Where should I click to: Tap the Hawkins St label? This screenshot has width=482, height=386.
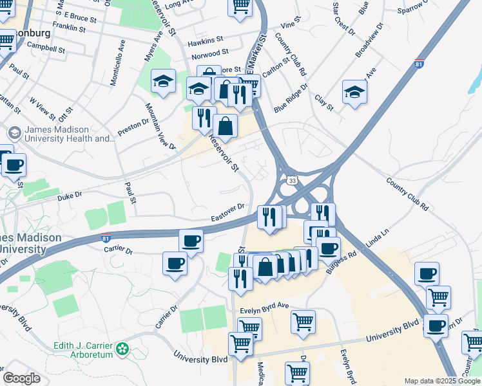[x=205, y=42]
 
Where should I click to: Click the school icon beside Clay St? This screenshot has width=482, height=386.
[x=354, y=91]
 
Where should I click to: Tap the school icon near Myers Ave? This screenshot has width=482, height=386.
[x=163, y=81]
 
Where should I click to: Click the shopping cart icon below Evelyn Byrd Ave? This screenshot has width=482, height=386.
[x=303, y=321]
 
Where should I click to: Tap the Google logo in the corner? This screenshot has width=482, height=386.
[x=21, y=378]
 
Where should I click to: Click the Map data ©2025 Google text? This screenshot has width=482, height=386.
[x=441, y=381]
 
